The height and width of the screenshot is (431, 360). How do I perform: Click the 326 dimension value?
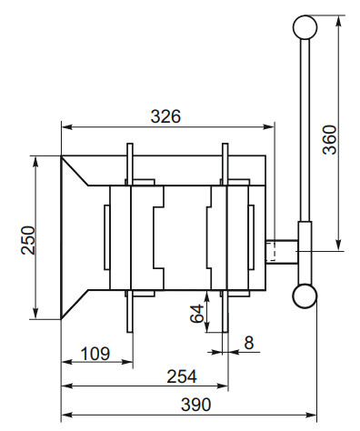166,116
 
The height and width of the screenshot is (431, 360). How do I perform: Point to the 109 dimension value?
96,352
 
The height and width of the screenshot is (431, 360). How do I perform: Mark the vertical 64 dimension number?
195,316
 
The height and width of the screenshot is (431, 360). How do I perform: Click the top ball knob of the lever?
305,27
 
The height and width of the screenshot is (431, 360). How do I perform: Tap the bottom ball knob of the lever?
305,296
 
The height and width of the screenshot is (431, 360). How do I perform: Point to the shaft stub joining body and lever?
281,250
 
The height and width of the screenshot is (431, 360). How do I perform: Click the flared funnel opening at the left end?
75,238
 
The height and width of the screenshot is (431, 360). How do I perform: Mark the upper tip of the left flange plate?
131,145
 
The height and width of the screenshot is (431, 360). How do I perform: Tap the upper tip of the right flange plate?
225,145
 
